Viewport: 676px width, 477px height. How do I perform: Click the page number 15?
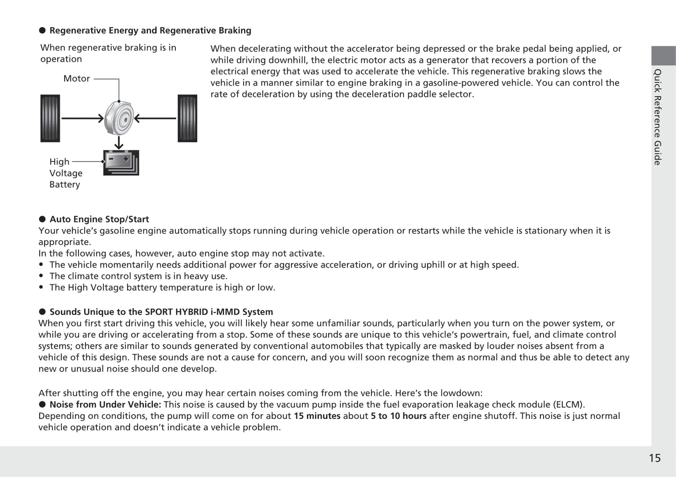pos(654,458)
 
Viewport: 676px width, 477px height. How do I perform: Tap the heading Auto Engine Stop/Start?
pos(99,219)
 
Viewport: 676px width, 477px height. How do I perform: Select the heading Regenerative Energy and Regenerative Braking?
pos(150,30)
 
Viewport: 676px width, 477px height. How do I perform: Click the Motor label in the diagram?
pos(76,79)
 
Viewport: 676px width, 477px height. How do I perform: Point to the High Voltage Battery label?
pos(65,173)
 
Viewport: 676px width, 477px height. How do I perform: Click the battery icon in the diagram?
pos(121,162)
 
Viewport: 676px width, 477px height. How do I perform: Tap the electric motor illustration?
pos(119,118)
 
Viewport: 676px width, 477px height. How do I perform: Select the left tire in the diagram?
pos(50,118)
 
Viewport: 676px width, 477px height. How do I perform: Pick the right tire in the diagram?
pos(187,118)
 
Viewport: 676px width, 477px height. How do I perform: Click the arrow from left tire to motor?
pos(82,118)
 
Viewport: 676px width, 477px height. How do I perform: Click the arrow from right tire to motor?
pos(155,118)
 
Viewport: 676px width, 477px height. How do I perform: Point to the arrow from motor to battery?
pos(119,142)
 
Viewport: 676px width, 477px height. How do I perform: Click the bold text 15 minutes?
pos(317,416)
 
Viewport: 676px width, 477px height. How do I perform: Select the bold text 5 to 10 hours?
pos(399,416)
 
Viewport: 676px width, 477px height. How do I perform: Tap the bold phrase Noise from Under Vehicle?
pos(105,404)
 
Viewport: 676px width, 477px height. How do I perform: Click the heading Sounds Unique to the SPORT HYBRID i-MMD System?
pos(161,312)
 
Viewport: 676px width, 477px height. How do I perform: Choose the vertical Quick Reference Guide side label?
pos(658,117)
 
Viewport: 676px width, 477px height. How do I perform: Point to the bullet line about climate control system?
pos(138,276)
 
